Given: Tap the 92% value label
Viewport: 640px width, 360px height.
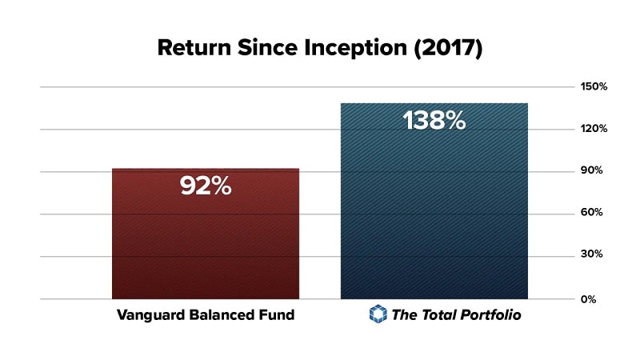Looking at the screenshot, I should click(205, 186).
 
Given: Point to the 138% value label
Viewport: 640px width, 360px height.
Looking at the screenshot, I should click(434, 121).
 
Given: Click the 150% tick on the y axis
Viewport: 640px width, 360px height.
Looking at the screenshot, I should click(594, 86).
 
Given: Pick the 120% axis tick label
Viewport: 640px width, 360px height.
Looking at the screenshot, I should click(594, 129).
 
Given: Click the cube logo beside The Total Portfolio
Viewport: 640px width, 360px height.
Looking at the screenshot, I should click(378, 314).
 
